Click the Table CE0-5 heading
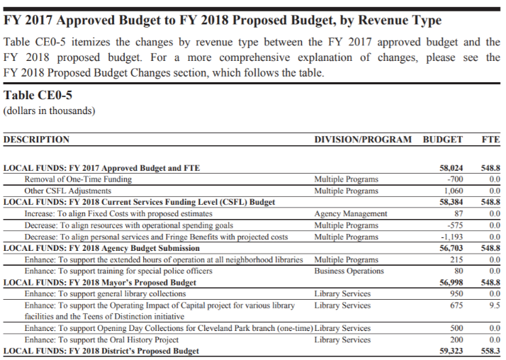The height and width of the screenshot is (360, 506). [x=38, y=96]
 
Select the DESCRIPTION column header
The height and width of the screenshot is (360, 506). [x=37, y=140]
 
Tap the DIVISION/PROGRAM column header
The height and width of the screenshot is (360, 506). [x=362, y=140]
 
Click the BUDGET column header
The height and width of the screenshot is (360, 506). [x=442, y=140]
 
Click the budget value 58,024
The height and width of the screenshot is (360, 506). [x=451, y=168]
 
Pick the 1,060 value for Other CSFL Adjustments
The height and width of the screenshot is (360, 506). [x=453, y=191]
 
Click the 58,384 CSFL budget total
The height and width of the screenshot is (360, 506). [x=451, y=202]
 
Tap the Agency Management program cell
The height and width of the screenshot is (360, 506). [x=350, y=213]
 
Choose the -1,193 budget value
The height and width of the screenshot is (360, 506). [x=451, y=237]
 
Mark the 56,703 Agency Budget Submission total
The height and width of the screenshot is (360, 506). [x=451, y=248]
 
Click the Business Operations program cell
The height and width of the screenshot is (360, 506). [x=349, y=271]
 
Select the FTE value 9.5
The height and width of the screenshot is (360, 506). [x=494, y=305]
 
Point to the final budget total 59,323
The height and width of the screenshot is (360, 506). [x=451, y=351]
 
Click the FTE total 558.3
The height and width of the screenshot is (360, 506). [x=490, y=351]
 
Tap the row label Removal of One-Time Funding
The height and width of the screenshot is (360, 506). [x=78, y=179]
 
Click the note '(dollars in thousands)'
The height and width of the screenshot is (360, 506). [x=50, y=111]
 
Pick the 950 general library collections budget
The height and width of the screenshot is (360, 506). [x=456, y=293]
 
